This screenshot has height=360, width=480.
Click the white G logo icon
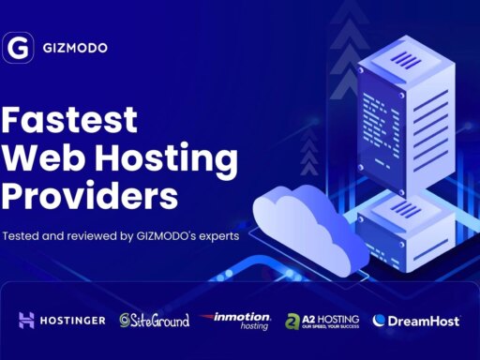pyautogui.click(x=18, y=48)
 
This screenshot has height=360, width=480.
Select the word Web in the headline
pyautogui.click(x=40, y=158)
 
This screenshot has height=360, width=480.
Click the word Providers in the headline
pyautogui.click(x=89, y=197)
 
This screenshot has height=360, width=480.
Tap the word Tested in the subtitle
pyautogui.click(x=23, y=236)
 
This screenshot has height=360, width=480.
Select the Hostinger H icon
pyautogui.click(x=26, y=321)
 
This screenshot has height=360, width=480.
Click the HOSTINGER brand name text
pyautogui.click(x=72, y=321)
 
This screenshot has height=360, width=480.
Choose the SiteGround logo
pyautogui.click(x=154, y=321)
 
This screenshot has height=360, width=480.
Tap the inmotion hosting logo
pyautogui.click(x=237, y=321)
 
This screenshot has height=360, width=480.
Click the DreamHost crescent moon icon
pyautogui.click(x=380, y=321)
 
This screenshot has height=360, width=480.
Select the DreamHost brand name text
pyautogui.click(x=424, y=321)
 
